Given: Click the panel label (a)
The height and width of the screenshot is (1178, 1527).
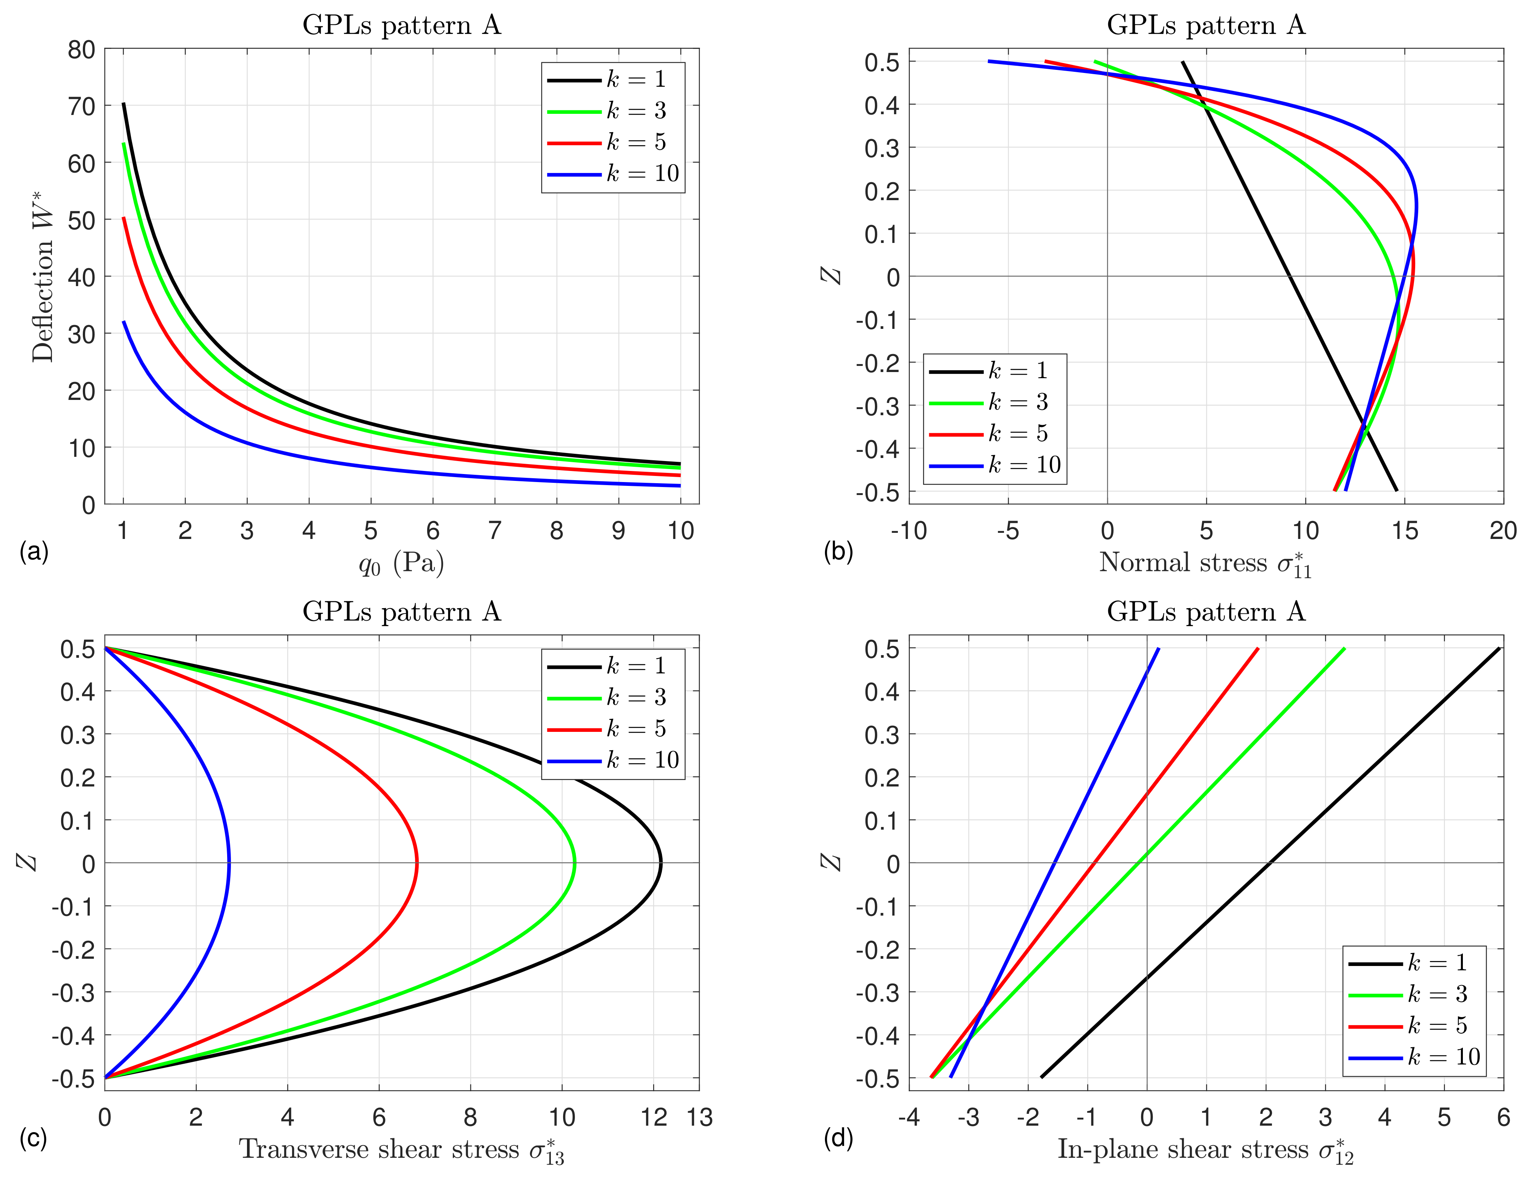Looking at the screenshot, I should click(34, 552).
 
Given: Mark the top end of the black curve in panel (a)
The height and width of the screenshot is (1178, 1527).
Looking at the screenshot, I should click(124, 104).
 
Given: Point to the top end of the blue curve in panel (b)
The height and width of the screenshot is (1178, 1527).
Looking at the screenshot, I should click(989, 61).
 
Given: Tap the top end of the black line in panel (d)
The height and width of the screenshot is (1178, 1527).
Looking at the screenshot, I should click(1499, 649).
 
